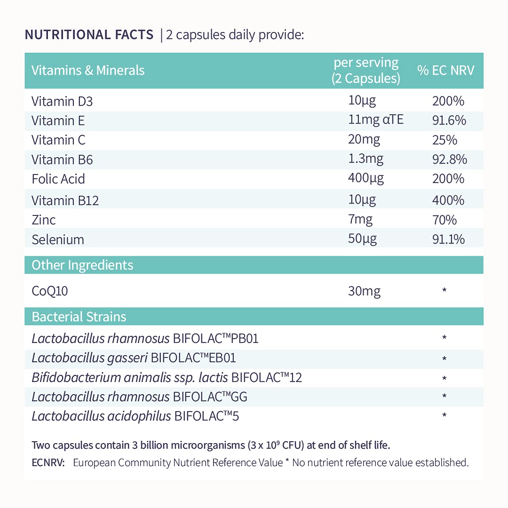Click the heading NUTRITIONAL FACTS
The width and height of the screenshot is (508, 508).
pyautogui.click(x=89, y=35)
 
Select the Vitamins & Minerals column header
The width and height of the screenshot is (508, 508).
pyautogui.click(x=88, y=71)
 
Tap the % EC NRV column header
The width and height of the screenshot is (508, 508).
pyautogui.click(x=446, y=71)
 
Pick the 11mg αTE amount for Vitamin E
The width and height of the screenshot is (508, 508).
pyautogui.click(x=376, y=120)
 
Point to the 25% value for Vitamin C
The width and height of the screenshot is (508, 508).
pyautogui.click(x=444, y=140)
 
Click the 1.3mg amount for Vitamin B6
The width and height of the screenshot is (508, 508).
pyautogui.click(x=365, y=159)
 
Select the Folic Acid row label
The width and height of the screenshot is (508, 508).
pyautogui.click(x=58, y=179)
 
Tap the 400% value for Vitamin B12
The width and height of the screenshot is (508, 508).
pyautogui.click(x=448, y=200)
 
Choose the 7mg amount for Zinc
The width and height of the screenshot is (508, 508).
pyautogui.click(x=360, y=220)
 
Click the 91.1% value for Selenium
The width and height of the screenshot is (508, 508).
pyautogui.click(x=448, y=239)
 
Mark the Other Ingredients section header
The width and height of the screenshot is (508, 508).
pyautogui.click(x=82, y=265)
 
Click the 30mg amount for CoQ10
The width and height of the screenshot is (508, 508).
pyautogui.click(x=364, y=291)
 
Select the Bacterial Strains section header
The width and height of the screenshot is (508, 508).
pyautogui.click(x=79, y=317)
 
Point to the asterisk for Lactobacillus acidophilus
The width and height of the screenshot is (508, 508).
pyautogui.click(x=444, y=416)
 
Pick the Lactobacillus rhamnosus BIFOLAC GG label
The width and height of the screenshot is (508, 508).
pyautogui.click(x=139, y=397)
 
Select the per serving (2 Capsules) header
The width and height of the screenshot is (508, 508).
pyautogui.click(x=365, y=71)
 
